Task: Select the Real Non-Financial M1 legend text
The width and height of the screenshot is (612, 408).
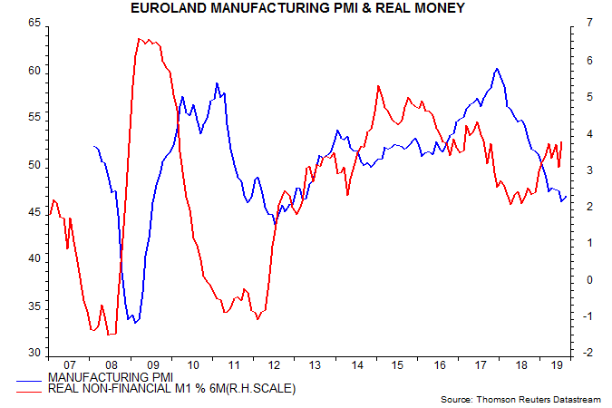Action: (x=172, y=388)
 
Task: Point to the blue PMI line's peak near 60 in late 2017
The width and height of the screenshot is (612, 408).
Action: (x=496, y=69)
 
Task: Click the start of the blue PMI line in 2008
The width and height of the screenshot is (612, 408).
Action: (x=93, y=146)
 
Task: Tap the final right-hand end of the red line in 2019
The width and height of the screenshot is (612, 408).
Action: (x=562, y=141)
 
